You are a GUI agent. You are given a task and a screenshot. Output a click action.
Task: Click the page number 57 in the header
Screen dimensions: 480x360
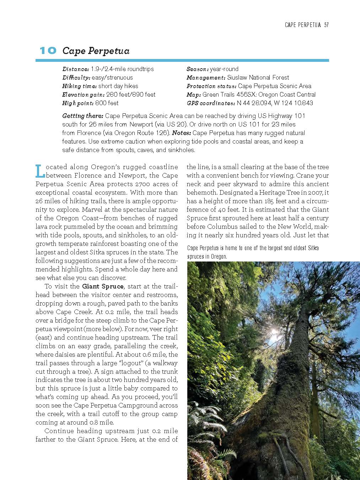326,25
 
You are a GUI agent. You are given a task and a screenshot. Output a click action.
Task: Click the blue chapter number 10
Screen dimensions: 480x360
48,51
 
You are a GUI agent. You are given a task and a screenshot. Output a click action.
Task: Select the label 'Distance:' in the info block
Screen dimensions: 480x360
75,69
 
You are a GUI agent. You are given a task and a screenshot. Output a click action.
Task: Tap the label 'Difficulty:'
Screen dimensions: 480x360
76,77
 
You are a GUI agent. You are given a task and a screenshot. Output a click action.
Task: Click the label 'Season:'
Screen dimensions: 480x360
197,69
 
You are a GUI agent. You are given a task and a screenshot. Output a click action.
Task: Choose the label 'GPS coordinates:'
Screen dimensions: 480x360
211,103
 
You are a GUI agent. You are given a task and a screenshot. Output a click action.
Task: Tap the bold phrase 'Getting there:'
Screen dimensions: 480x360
83,116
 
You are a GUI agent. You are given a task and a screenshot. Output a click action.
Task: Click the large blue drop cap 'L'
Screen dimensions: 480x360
40,171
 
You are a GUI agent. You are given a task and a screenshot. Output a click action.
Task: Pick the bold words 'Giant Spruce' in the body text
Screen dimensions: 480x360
103,286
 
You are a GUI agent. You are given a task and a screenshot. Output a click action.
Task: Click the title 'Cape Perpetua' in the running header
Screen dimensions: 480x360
303,25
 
